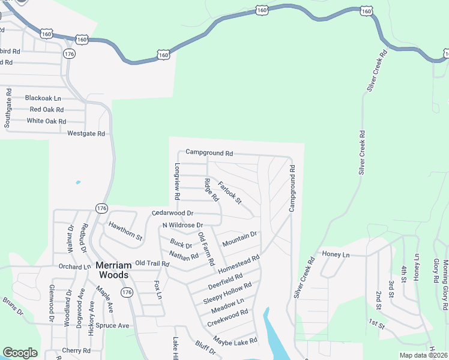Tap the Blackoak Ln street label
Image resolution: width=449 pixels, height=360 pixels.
(x=43, y=98)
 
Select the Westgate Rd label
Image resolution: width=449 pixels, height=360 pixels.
(x=86, y=133)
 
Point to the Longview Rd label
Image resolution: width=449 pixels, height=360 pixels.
(x=177, y=181)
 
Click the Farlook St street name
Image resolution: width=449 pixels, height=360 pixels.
(x=229, y=192)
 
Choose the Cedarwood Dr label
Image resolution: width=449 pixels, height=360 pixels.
(x=173, y=213)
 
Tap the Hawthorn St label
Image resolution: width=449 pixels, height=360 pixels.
(x=125, y=231)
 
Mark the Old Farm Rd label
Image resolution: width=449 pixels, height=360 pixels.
(x=206, y=249)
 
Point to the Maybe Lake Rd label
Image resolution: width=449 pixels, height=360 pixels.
(x=235, y=341)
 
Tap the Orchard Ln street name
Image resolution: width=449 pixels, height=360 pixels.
(x=74, y=266)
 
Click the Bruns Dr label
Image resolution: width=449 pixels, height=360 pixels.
(x=12, y=306)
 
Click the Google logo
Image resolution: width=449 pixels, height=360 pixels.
(x=20, y=353)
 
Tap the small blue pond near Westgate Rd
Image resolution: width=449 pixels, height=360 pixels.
(x=77, y=182)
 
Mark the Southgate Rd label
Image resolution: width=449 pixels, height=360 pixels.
(x=8, y=109)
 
